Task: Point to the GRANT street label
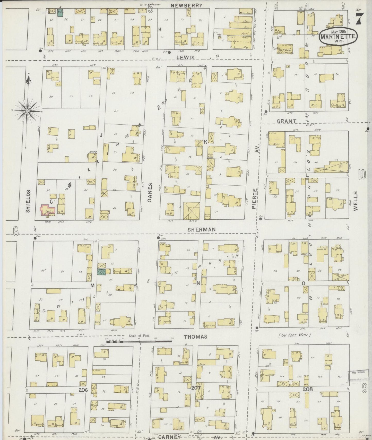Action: tap(287, 121)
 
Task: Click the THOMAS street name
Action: tap(195, 337)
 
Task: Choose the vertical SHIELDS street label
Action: tap(28, 201)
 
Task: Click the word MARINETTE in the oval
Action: tap(338, 37)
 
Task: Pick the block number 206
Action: tap(83, 390)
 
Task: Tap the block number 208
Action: tap(307, 389)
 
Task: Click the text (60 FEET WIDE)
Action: tap(295, 335)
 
